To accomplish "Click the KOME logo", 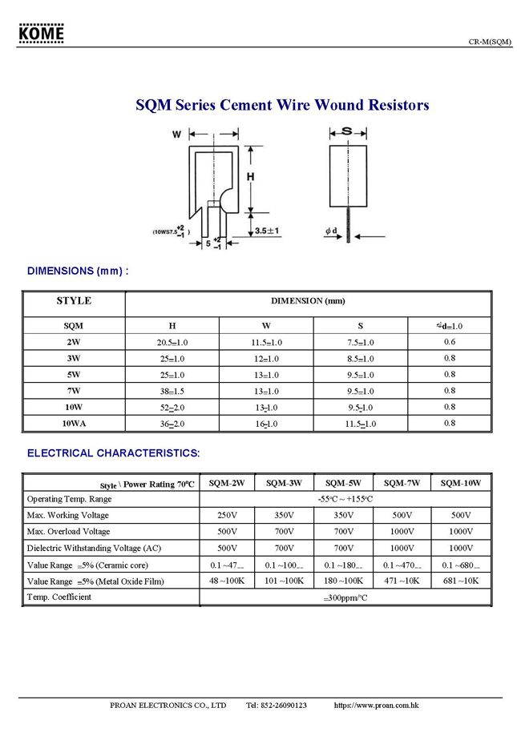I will (42, 34).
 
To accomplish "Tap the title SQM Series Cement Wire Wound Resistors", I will (282, 105).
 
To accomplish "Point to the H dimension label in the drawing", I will (250, 176).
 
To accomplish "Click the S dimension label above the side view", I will (347, 131).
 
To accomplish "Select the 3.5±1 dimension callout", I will (268, 231).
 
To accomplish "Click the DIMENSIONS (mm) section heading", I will (78, 271).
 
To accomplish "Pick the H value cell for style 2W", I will (172, 342).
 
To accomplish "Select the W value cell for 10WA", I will (266, 424).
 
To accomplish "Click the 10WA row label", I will (74, 423).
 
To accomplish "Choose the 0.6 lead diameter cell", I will (450, 342).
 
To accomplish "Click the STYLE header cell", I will (74, 301).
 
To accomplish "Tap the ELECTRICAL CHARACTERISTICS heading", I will (113, 453).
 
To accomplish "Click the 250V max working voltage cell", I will (227, 515).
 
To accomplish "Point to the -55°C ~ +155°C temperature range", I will (344, 499).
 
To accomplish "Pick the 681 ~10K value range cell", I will (461, 580).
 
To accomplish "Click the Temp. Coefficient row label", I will (59, 597).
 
